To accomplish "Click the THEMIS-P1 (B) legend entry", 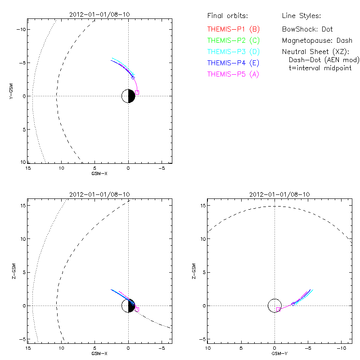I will point(233,29).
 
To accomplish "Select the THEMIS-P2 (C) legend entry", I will point(233,40).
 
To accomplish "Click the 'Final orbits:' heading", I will point(227,16).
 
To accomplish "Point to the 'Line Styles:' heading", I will point(301,16).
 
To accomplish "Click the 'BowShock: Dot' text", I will point(307,29).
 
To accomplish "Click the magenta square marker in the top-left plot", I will point(137,92).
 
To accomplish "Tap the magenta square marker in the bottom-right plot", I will point(278,309).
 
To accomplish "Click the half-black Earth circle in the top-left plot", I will point(129,96).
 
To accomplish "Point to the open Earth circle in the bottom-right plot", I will point(274,306).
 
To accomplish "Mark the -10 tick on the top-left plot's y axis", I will point(21,29).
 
